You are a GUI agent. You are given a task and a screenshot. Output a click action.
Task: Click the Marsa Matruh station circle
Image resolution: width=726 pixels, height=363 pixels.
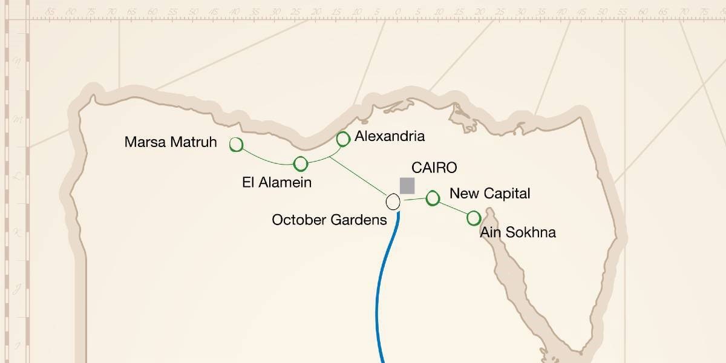[236, 145]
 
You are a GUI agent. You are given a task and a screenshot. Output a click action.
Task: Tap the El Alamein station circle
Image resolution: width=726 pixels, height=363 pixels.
[301, 163]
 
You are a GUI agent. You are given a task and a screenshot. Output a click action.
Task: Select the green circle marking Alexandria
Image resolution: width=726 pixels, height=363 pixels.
[343, 139]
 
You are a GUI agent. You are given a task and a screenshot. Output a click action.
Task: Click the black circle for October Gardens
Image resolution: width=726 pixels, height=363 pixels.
[393, 201]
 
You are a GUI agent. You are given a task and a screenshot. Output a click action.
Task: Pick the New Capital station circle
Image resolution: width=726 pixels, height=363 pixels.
[433, 198]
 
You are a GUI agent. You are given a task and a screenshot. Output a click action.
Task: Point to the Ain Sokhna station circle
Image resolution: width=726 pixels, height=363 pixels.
[474, 218]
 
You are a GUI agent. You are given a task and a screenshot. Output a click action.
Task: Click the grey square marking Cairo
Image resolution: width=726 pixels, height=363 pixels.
[407, 186]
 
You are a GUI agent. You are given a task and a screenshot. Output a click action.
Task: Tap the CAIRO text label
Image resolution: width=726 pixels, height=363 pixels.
[434, 168]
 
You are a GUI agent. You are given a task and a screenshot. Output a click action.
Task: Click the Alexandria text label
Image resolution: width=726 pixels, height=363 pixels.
[390, 136]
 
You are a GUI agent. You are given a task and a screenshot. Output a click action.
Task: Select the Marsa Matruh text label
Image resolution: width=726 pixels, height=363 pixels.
[171, 142]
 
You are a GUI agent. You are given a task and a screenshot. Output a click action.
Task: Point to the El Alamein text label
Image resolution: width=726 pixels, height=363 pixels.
[276, 182]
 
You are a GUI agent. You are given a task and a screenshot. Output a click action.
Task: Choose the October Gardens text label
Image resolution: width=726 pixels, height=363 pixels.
[329, 220]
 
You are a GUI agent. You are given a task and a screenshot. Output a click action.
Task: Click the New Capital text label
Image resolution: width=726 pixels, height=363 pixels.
[489, 194]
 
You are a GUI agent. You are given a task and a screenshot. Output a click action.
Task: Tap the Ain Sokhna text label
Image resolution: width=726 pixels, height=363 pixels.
[517, 232]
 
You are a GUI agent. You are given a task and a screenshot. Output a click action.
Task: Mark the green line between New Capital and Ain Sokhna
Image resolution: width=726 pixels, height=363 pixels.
[453, 208]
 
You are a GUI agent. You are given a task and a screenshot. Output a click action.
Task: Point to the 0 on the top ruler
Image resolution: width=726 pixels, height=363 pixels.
[397, 11]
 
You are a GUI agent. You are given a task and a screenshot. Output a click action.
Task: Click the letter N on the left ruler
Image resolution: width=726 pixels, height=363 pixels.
[18, 61]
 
